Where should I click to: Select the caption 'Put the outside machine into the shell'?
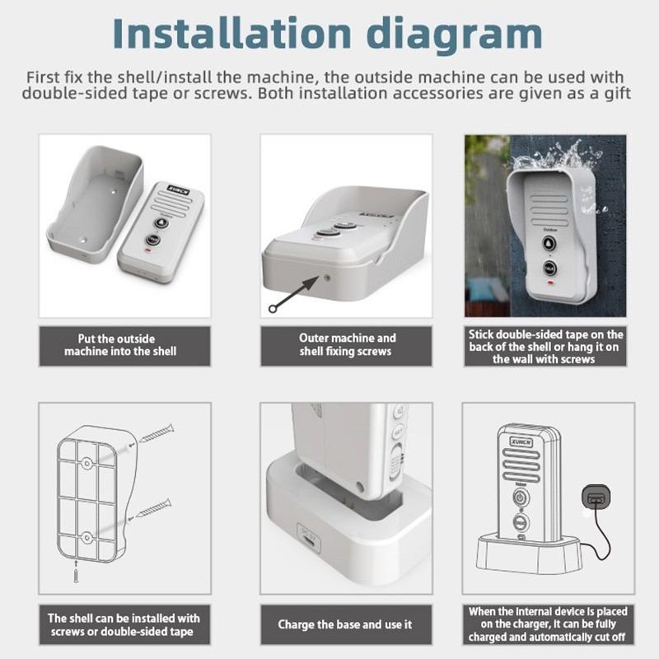coord(120,345)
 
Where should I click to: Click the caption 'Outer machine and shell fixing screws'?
coord(346,345)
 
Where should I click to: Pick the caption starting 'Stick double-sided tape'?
coord(546,347)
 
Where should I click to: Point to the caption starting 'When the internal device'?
coord(547,625)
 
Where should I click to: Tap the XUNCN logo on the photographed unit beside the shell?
coord(177,188)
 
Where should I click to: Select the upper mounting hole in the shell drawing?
coord(86,464)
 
